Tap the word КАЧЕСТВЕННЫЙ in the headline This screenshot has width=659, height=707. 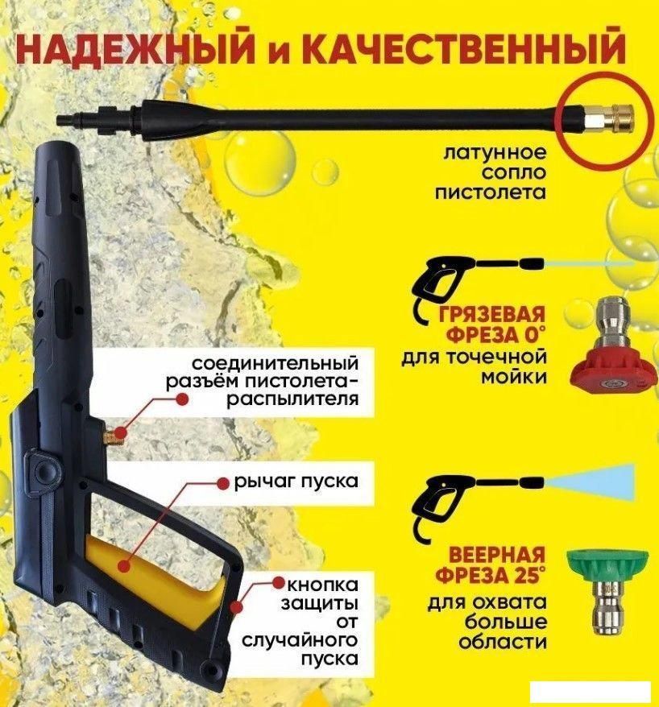coord(454,50)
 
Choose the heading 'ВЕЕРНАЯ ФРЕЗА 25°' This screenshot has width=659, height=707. coord(491,565)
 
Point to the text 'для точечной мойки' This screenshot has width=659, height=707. coord(475,366)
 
